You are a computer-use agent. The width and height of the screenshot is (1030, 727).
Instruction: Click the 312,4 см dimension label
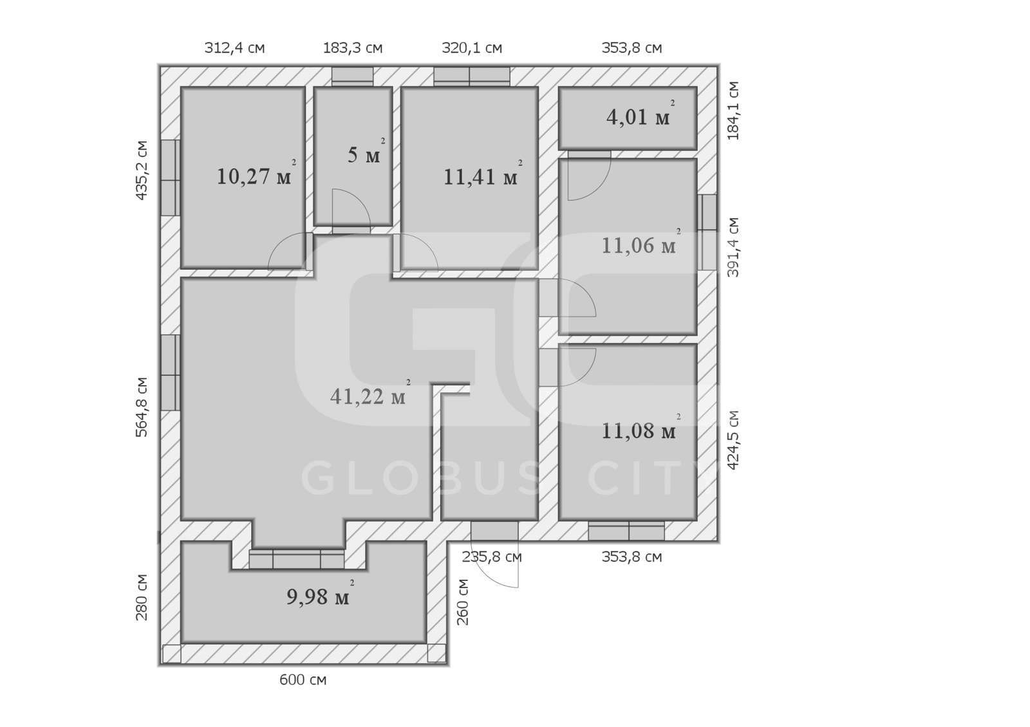234,48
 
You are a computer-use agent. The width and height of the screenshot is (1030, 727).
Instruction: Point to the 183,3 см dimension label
353,48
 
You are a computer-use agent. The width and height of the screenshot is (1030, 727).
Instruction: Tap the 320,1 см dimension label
472,48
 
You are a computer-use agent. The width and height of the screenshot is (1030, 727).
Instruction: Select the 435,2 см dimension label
142,170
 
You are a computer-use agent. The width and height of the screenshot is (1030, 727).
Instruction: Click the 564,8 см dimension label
142,407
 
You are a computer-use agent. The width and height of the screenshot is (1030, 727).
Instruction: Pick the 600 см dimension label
303,679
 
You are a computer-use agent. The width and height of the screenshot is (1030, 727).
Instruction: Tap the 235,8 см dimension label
492,557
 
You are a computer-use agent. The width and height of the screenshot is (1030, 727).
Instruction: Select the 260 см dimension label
463,602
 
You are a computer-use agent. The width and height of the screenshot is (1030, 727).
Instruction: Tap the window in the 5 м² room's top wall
353,77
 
